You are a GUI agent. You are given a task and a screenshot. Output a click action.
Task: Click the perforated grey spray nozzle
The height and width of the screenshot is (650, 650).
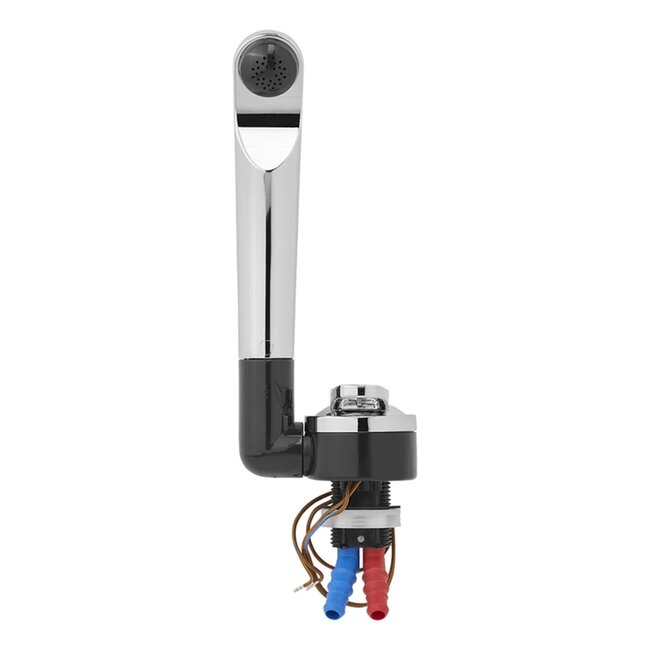[268, 71]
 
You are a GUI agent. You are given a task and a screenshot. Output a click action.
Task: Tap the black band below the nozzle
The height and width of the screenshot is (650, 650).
[268, 118]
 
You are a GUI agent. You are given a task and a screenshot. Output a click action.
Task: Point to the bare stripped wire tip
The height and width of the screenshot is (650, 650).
[300, 587]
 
